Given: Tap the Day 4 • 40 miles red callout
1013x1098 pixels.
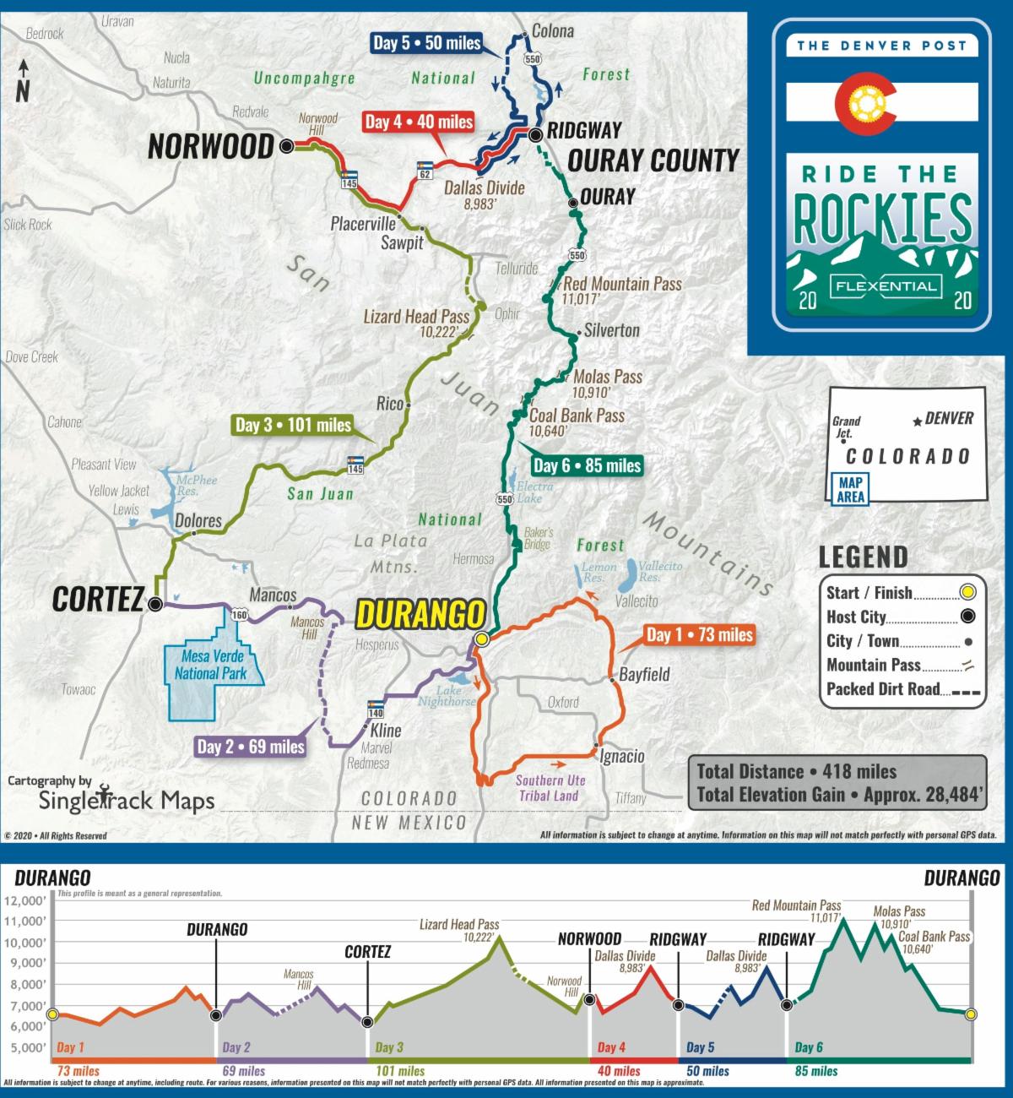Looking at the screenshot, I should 419,122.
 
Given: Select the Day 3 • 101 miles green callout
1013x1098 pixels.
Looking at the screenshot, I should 293,425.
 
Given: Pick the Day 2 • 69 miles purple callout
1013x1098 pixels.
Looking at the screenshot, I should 250,747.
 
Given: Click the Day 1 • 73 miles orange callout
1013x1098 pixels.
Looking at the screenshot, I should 699,634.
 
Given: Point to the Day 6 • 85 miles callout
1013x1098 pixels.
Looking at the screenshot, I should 587,465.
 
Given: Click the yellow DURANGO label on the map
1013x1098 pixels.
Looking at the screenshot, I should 421,615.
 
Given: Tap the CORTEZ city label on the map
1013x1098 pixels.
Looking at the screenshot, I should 97,600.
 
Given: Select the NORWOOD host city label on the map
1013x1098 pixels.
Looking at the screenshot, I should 211,147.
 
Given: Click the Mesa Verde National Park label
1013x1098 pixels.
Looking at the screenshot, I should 211,665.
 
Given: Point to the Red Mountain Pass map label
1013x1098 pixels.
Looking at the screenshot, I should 622,284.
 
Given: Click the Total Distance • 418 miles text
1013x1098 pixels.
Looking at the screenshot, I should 796,771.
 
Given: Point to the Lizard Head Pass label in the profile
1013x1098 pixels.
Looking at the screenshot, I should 459,925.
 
